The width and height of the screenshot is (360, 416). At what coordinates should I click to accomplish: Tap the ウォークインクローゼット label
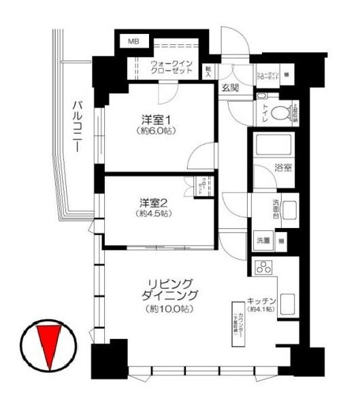172,67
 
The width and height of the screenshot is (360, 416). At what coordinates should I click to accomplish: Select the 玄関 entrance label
229,86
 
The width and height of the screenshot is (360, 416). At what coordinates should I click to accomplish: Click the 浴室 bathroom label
284,167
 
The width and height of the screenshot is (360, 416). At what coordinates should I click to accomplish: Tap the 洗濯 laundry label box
263,240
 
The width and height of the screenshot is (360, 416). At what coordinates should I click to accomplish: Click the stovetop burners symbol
263,268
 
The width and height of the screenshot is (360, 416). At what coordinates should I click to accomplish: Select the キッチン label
261,300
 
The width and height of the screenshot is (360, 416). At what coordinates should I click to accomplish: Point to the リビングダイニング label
170,289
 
